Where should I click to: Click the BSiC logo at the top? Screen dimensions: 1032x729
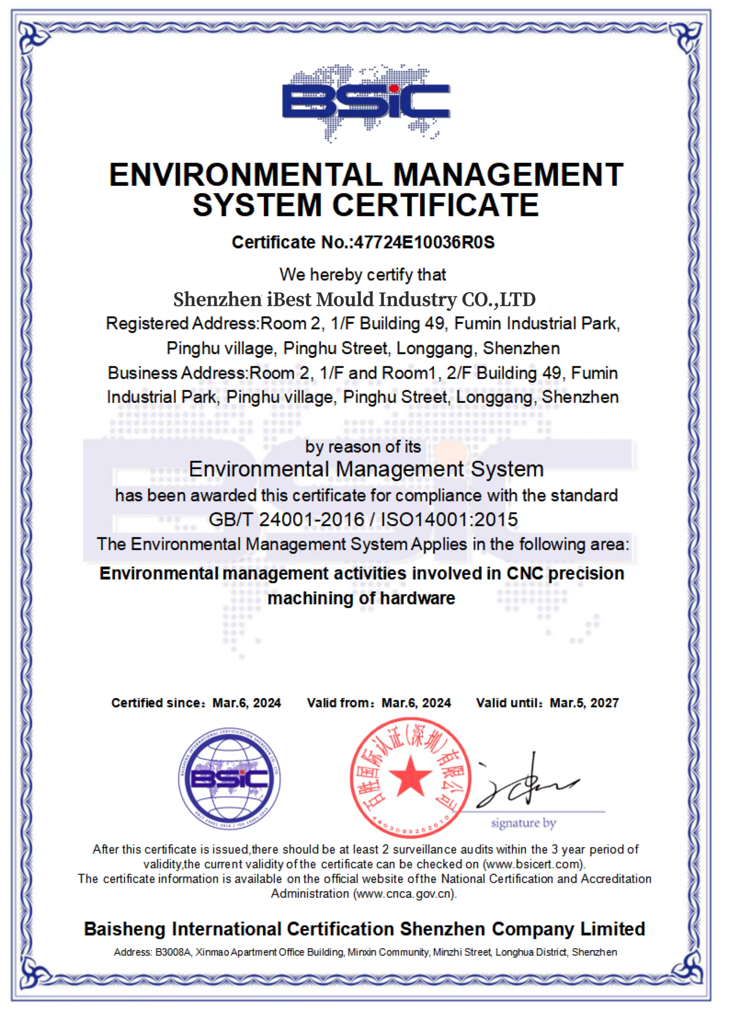pos(366,102)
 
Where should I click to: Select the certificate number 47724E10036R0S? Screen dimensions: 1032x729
pos(424,243)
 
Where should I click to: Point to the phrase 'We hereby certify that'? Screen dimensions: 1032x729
pos(363,275)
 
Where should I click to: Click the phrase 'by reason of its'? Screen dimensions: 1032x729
pos(363,447)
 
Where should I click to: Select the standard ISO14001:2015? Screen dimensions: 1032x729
pos(449,520)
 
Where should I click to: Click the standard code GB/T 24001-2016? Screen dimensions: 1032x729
pos(286,520)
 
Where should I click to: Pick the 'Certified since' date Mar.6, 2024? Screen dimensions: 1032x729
pos(247,703)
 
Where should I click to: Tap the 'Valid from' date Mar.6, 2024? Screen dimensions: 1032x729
pos(416,703)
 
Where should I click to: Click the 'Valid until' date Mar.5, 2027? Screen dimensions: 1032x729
pos(584,703)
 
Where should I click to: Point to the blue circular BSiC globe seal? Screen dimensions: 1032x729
pos(229,778)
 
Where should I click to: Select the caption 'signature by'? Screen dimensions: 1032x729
pos(523,823)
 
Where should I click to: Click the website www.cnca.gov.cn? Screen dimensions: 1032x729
pos(405,894)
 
